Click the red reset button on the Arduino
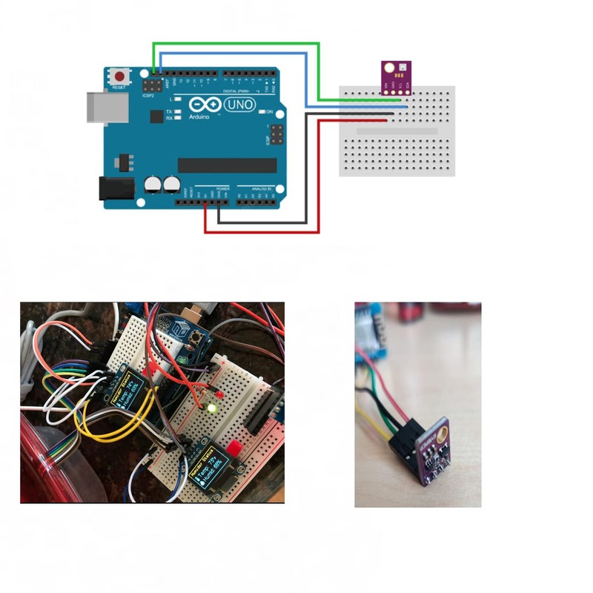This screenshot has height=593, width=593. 119,76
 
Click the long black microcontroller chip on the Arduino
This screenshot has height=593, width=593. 227,165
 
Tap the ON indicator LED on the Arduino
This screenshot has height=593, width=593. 261,112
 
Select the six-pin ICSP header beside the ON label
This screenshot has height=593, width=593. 276,135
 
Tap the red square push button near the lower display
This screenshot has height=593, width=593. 234,448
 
